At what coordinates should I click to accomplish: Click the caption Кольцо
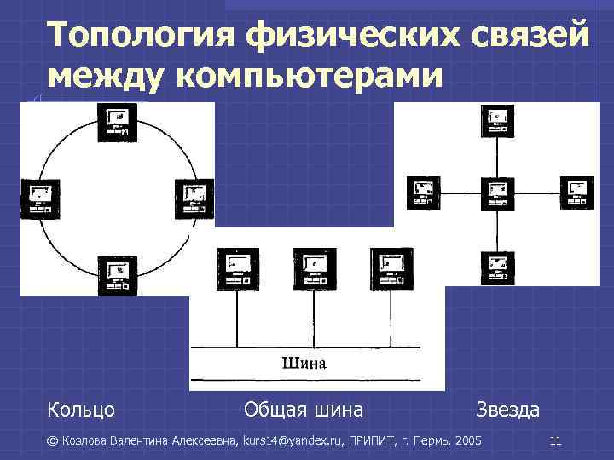[x=81, y=410]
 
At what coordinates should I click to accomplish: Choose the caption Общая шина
[x=304, y=410]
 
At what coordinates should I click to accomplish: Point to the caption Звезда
[x=508, y=410]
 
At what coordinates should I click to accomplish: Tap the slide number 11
[x=555, y=441]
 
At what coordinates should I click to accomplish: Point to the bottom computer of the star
[x=495, y=267]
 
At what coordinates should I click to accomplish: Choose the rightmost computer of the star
[x=576, y=192]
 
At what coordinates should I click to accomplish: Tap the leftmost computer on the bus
[x=235, y=266]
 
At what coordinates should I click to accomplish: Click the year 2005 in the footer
[x=468, y=441]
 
